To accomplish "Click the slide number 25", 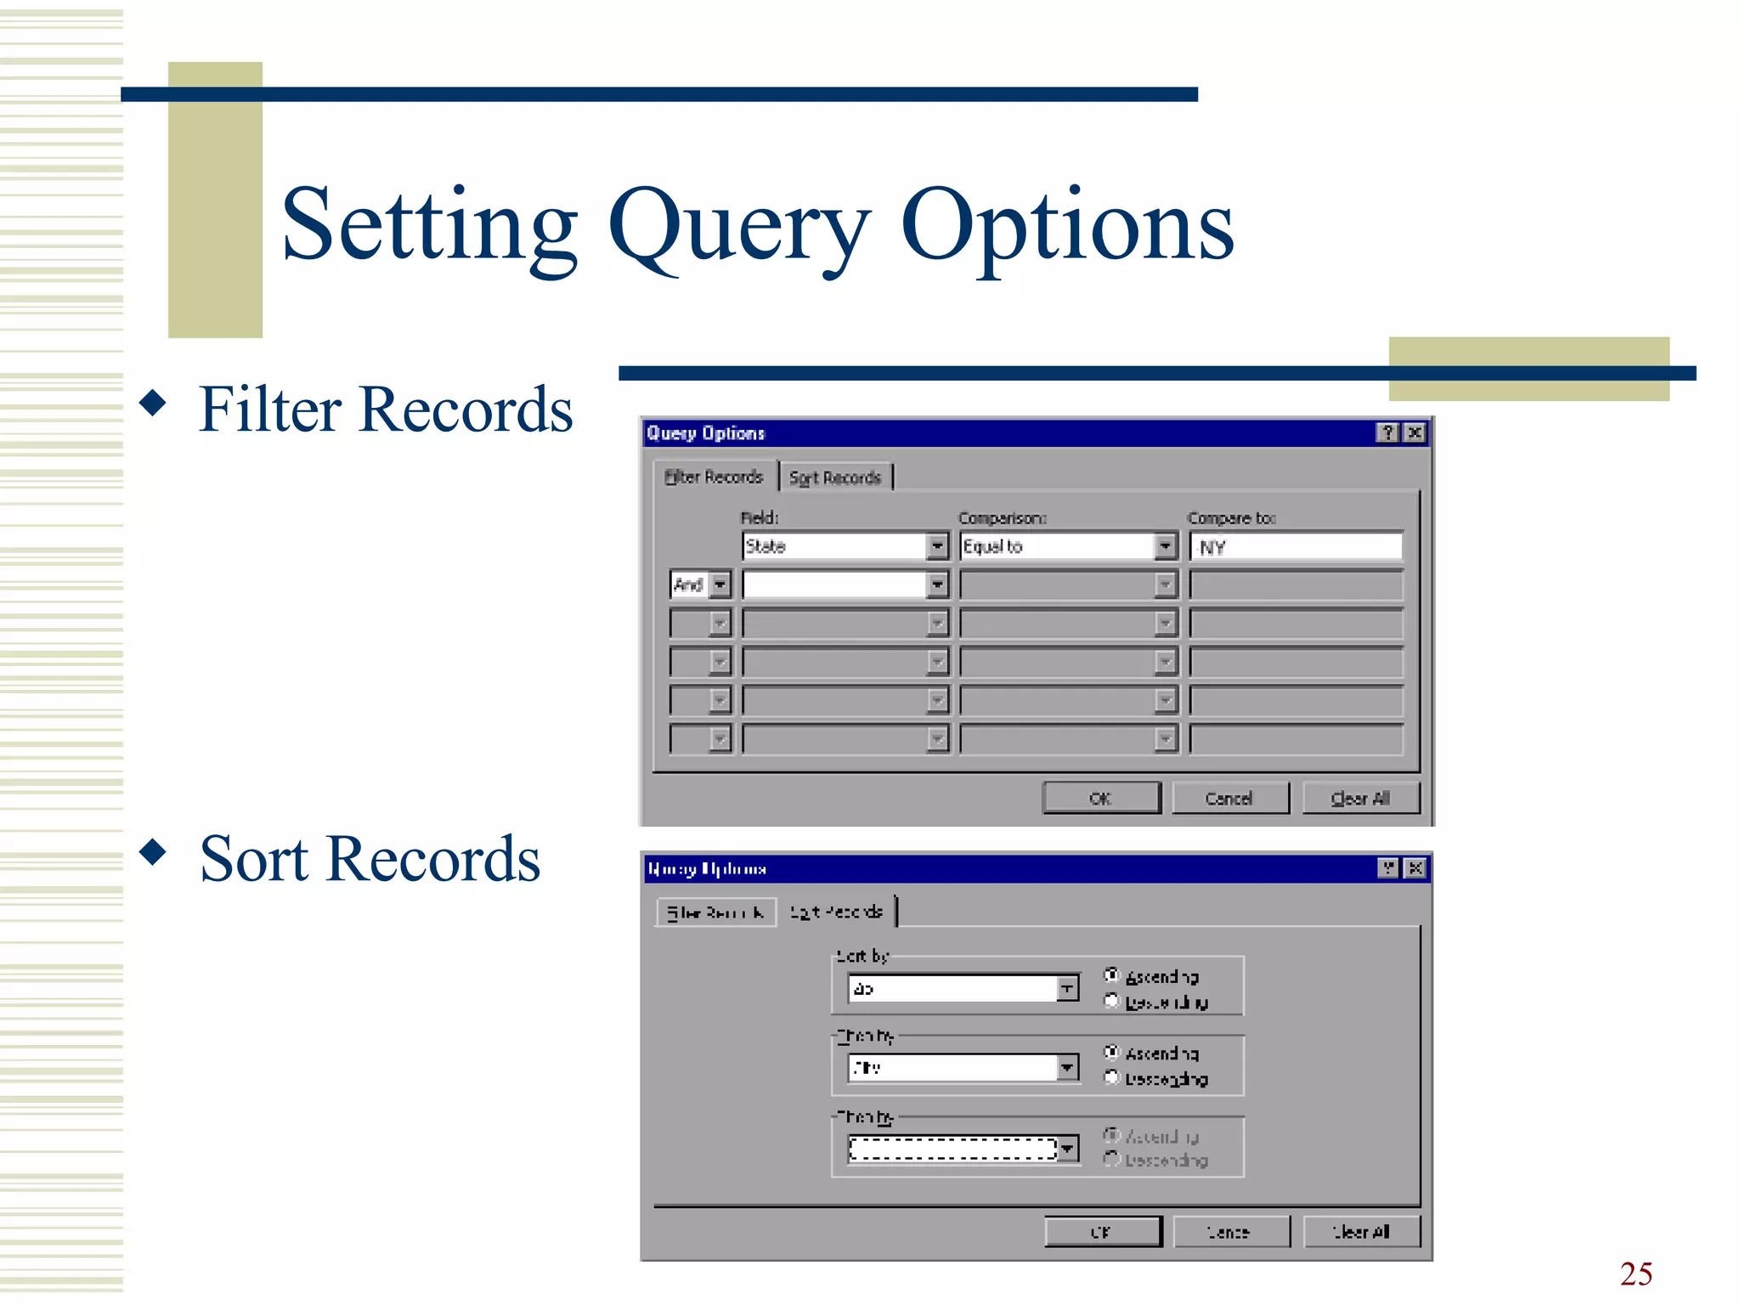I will pyautogui.click(x=1635, y=1274).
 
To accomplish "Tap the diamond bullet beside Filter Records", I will pyautogui.click(x=153, y=402).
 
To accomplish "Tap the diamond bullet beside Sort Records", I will pyautogui.click(x=153, y=851).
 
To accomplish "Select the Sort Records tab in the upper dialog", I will pyautogui.click(x=834, y=477).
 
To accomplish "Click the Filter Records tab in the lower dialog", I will pyautogui.click(x=715, y=912).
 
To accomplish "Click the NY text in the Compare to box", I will pyautogui.click(x=1212, y=548).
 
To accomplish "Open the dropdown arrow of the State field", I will pyautogui.click(x=936, y=546).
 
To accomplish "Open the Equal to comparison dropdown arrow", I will pyautogui.click(x=1165, y=546).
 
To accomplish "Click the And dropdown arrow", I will pyautogui.click(x=720, y=585).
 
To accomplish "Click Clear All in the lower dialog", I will pyautogui.click(x=1361, y=1231).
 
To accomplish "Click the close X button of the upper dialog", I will pyautogui.click(x=1415, y=433).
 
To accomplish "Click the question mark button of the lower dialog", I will pyautogui.click(x=1388, y=868).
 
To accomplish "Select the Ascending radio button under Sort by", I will pyautogui.click(x=1111, y=975).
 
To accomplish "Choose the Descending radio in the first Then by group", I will pyautogui.click(x=1111, y=1078).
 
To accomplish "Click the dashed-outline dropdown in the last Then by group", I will pyautogui.click(x=952, y=1149).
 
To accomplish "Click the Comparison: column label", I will pyautogui.click(x=1003, y=518).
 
